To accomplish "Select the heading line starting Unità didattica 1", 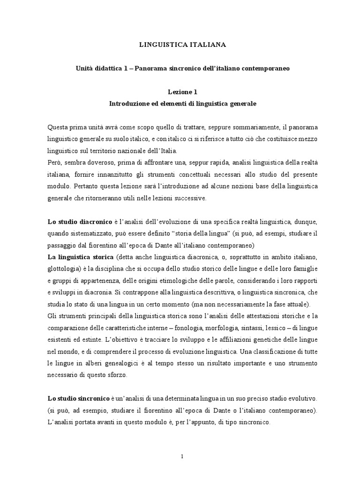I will (183, 68).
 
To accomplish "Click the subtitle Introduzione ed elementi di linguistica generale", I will (183, 104).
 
